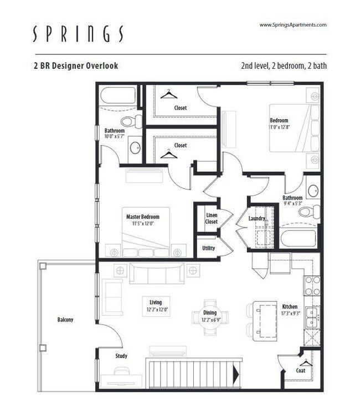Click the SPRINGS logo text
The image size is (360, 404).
click(x=78, y=34)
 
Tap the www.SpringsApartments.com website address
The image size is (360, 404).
click(x=293, y=25)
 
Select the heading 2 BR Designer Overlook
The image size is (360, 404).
click(x=76, y=65)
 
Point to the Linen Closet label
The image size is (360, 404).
click(x=212, y=218)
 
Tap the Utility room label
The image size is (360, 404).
click(x=209, y=248)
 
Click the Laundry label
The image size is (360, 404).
click(x=256, y=218)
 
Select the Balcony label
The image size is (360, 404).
click(x=65, y=320)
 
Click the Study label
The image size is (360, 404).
click(x=122, y=356)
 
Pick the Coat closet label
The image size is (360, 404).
click(x=301, y=371)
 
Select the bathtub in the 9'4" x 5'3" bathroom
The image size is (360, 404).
click(x=298, y=238)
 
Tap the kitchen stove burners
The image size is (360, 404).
click(x=312, y=287)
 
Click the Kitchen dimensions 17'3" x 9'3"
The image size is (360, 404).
click(x=290, y=314)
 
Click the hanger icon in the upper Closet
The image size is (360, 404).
click(x=168, y=94)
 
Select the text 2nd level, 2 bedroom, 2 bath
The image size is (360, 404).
click(x=284, y=65)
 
